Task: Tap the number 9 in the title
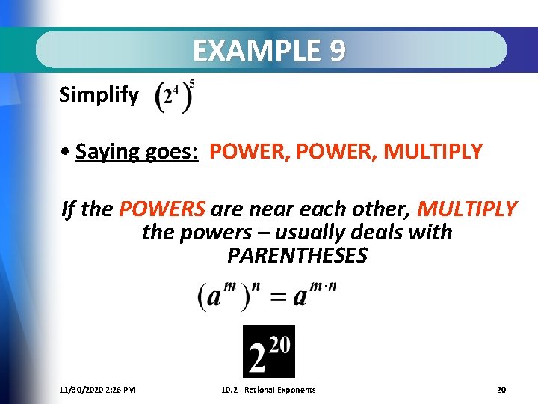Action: (337, 50)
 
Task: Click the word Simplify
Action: (99, 95)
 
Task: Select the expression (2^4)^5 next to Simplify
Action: (175, 96)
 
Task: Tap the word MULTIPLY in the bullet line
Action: (433, 153)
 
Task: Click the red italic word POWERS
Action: (162, 209)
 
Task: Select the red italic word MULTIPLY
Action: (467, 209)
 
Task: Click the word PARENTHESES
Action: (297, 256)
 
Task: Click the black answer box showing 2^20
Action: (269, 352)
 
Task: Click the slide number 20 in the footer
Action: (501, 390)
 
